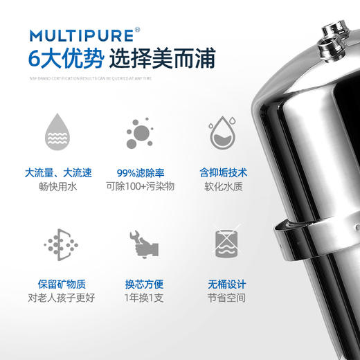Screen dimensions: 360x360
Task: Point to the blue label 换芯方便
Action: tap(143, 285)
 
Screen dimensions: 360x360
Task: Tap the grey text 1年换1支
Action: tap(143, 299)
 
